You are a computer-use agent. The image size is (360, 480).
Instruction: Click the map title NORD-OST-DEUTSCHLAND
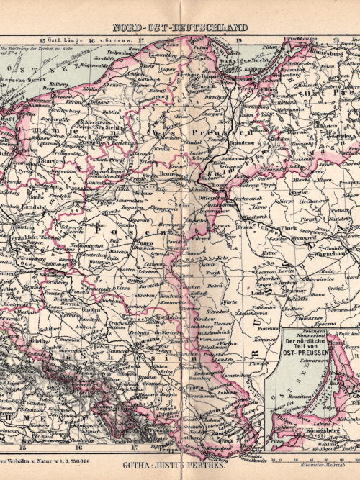[x=180, y=27]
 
